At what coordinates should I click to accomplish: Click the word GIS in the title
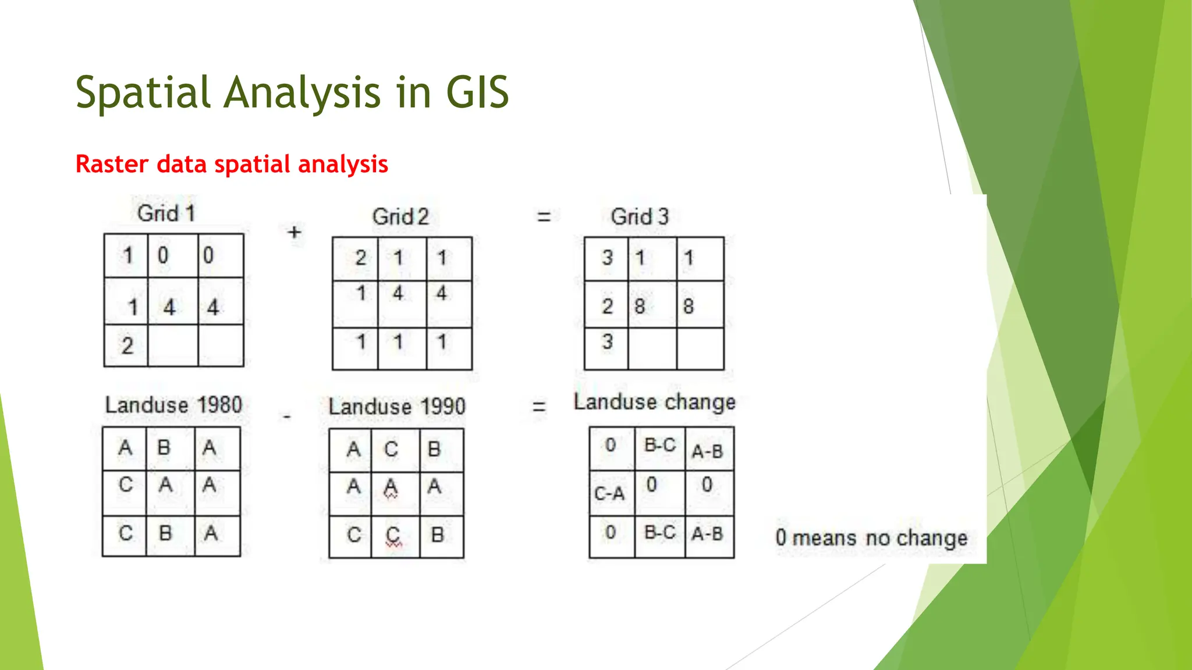click(x=477, y=92)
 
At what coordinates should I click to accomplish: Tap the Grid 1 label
click(x=166, y=213)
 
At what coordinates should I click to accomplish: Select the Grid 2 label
click(x=400, y=217)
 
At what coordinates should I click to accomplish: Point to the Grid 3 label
click(x=640, y=217)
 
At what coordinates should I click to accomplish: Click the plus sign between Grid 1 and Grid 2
click(x=295, y=232)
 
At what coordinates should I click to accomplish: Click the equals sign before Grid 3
click(x=544, y=218)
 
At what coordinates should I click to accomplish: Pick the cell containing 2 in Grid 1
click(x=127, y=346)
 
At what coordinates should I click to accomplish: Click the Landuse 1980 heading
click(x=173, y=405)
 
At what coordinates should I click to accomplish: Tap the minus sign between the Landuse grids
click(x=286, y=417)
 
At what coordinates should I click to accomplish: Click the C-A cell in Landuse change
click(x=609, y=494)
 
